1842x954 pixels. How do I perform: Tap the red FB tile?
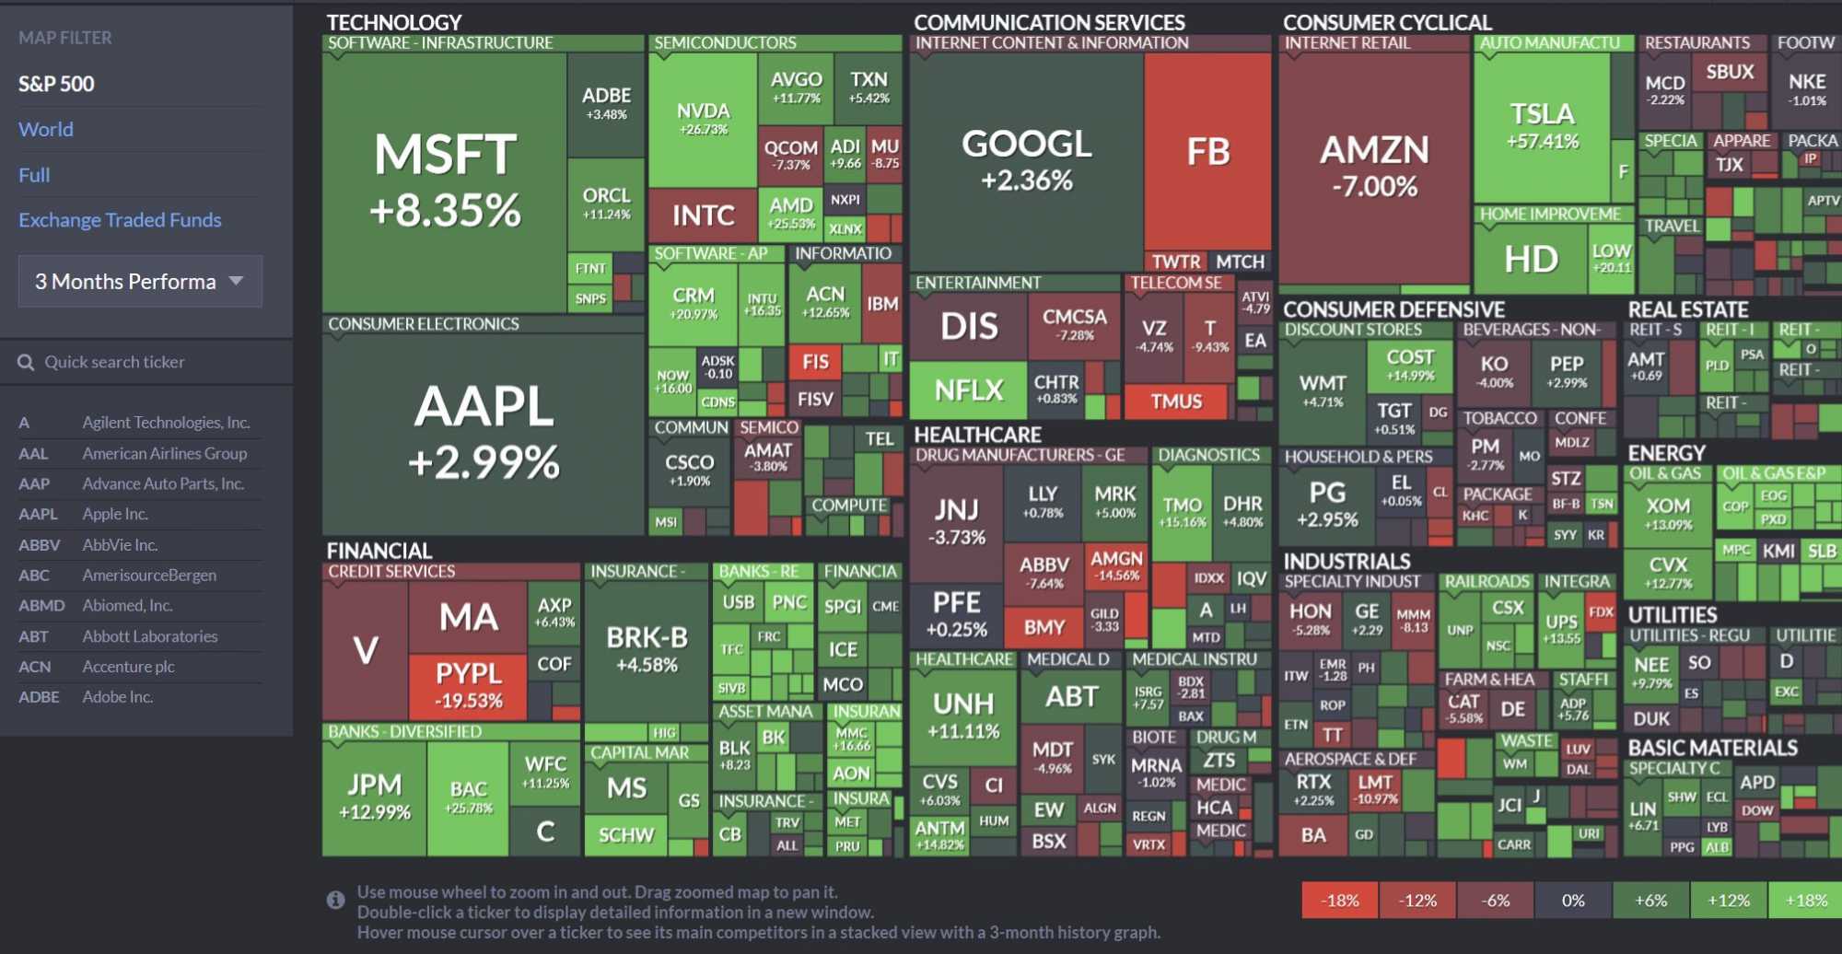click(x=1207, y=152)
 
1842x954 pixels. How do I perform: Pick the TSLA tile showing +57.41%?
click(x=1542, y=126)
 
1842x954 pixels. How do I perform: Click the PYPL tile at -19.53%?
click(x=469, y=685)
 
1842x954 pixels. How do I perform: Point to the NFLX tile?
click(x=968, y=390)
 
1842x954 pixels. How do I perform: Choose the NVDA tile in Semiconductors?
click(x=703, y=118)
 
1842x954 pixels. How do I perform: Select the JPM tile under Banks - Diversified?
click(x=374, y=797)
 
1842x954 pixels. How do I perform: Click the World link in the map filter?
click(x=46, y=130)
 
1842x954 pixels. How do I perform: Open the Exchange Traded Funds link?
click(x=120, y=220)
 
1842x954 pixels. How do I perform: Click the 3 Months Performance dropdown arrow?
click(x=237, y=281)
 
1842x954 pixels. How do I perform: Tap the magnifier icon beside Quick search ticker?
click(x=26, y=363)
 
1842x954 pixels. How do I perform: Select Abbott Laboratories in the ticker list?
click(x=149, y=636)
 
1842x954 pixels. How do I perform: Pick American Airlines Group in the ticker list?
click(x=164, y=453)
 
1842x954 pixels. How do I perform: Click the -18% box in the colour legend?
click(x=1339, y=901)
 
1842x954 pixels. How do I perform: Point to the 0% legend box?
click(x=1573, y=901)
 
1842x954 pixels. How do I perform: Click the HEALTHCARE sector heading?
click(x=977, y=435)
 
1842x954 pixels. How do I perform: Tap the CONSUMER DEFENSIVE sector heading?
click(x=1393, y=309)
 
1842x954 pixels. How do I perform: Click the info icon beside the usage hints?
click(x=335, y=900)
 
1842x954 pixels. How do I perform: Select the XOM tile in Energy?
click(x=1668, y=513)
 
